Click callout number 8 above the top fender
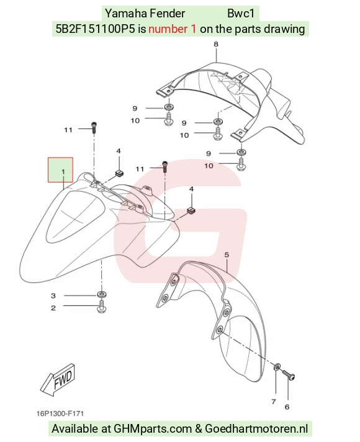[216, 44]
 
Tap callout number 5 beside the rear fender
[227, 255]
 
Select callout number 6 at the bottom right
[287, 407]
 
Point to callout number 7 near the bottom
[274, 402]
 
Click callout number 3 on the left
[53, 295]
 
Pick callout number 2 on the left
[53, 308]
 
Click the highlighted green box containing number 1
[60, 169]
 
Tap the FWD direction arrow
[58, 379]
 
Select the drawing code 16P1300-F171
[60, 413]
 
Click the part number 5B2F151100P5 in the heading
[96, 29]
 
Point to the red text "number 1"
[172, 29]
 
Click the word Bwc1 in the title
[241, 13]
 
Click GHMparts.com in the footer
[153, 428]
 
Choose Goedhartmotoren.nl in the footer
[256, 428]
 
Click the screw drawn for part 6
[288, 375]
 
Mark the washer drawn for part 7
[277, 367]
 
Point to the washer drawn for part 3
[102, 295]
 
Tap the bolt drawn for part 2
[102, 307]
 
